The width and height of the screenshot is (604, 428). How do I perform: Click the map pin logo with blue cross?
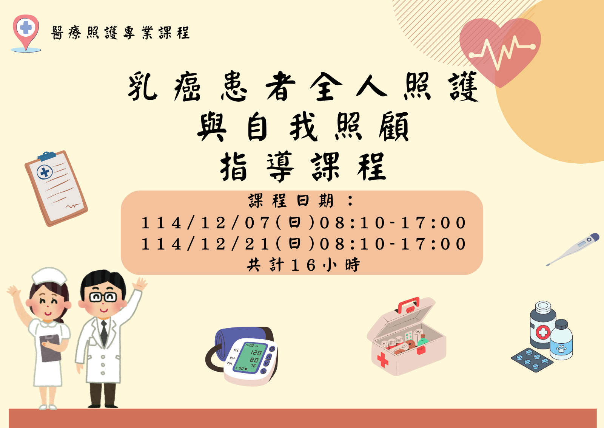[26, 33]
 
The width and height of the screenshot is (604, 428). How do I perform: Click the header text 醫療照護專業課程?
[120, 33]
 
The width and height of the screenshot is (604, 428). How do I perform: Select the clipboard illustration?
[56, 188]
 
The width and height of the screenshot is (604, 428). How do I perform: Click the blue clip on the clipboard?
[47, 156]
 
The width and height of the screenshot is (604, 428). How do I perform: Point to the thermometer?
[573, 249]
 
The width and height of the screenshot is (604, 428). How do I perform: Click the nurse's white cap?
[49, 276]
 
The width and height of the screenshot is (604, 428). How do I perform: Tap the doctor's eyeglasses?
[103, 297]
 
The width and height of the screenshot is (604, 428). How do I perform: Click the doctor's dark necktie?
[104, 333]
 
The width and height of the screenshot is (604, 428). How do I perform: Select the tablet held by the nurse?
[50, 348]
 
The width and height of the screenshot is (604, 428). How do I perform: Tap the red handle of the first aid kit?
[409, 305]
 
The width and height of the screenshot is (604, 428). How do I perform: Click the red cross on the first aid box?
[383, 360]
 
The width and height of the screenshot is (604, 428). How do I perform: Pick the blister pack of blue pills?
[532, 360]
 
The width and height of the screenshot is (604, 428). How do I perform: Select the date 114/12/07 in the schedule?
[205, 223]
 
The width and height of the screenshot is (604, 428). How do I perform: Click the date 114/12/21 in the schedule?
[205, 244]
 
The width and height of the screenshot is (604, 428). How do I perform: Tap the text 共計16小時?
[303, 265]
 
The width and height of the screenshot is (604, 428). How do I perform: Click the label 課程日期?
[291, 201]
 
